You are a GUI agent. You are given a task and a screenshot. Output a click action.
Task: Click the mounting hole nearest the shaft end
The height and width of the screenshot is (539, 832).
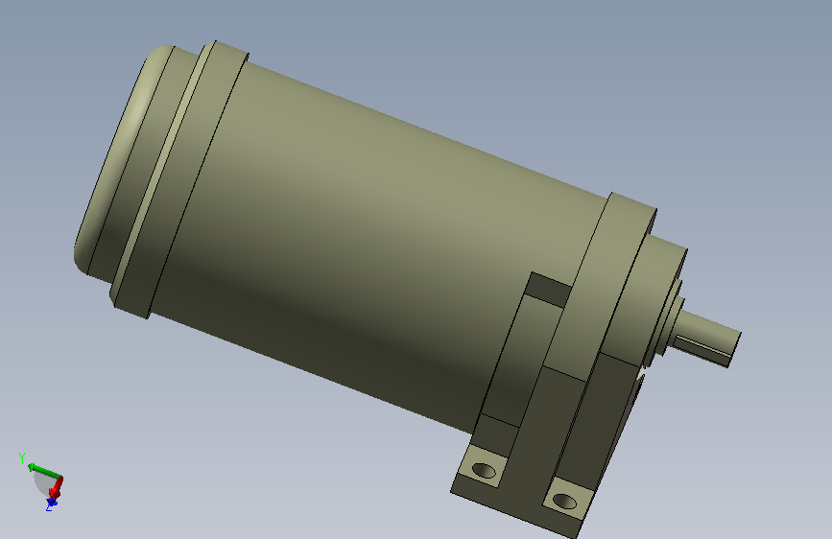coord(564,501)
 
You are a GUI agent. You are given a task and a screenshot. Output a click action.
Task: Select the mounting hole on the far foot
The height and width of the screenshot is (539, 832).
coord(484,470)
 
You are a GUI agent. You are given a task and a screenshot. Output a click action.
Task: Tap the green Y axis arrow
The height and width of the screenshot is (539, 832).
coord(44,470)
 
